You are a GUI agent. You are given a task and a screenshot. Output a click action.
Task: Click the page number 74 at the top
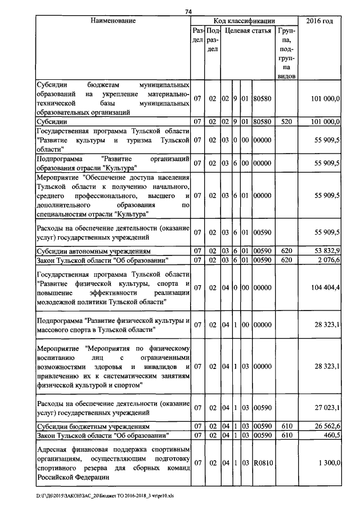pyautogui.click(x=188, y=12)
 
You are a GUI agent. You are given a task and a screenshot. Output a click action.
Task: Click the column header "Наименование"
pyautogui.click(x=112, y=21)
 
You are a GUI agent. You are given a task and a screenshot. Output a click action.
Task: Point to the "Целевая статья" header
pyautogui.click(x=248, y=30)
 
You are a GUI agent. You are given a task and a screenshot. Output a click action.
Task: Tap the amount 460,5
pyautogui.click(x=330, y=435)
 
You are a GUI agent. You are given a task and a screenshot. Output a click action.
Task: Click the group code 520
pyautogui.click(x=286, y=121)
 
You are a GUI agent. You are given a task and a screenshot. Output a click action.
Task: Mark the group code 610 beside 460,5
pyautogui.click(x=286, y=435)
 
